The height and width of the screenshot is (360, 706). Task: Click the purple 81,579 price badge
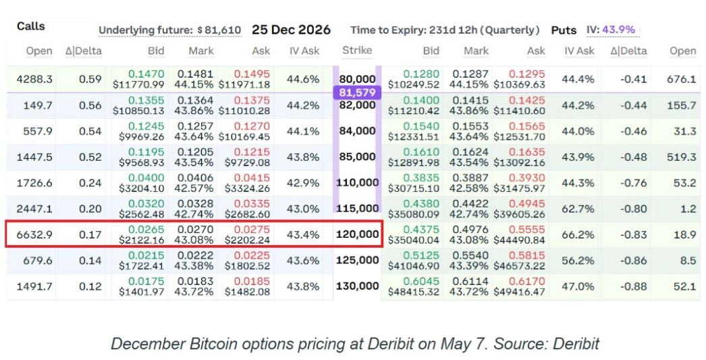click(357, 93)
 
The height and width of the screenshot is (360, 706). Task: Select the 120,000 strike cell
click(357, 234)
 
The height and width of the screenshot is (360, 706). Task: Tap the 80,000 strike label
click(357, 79)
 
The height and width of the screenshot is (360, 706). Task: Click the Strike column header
click(357, 51)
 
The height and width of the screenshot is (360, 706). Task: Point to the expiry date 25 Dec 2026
click(291, 30)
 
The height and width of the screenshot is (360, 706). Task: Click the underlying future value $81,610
click(219, 30)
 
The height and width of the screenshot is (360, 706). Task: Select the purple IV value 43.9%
click(618, 30)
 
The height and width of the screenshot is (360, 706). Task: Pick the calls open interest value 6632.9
click(34, 235)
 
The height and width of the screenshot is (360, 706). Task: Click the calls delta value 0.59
click(90, 79)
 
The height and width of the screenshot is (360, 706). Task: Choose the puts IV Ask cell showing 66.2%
click(578, 235)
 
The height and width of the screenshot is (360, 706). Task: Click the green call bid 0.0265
click(146, 230)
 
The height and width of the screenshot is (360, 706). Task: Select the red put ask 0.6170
click(526, 282)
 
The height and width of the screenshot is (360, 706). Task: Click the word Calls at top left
click(30, 26)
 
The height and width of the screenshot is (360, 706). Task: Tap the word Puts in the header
click(564, 30)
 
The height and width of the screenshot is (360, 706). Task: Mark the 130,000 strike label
click(357, 286)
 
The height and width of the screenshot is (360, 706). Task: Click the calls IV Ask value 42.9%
click(303, 183)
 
